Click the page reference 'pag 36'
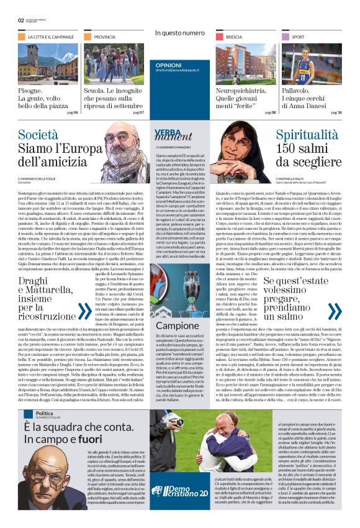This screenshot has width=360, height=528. click(x=336, y=112)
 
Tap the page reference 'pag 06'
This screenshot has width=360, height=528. click(x=72, y=112)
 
